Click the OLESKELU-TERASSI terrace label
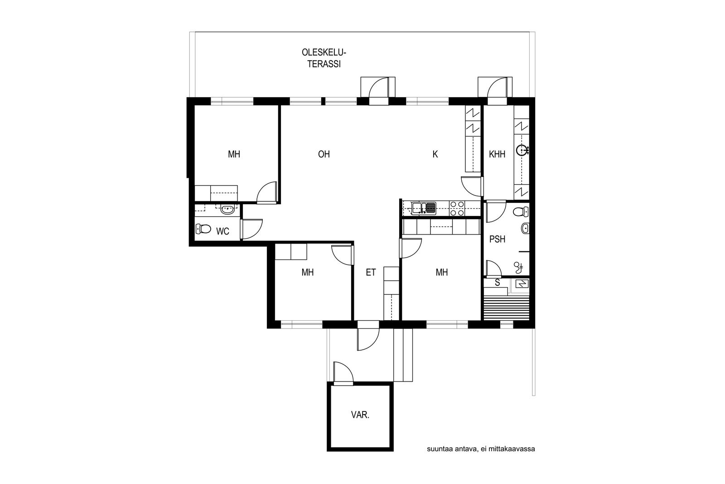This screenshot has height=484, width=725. [x=324, y=59]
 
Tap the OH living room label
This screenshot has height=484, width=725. [x=324, y=154]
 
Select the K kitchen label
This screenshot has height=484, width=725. [x=435, y=154]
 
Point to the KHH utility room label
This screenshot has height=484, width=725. [x=497, y=154]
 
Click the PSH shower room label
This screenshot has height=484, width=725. [x=498, y=240]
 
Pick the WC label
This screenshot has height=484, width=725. [x=222, y=231]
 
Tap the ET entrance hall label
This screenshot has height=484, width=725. [x=371, y=273]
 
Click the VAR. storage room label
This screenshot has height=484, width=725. [x=360, y=415]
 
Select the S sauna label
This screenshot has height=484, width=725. [x=498, y=283]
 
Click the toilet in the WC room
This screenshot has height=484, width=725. [x=203, y=229]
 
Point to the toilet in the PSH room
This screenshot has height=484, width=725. [x=521, y=212]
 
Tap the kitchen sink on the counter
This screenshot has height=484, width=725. [x=424, y=208]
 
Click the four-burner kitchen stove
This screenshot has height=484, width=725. [x=457, y=208]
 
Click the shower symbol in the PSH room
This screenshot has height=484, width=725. [x=518, y=267]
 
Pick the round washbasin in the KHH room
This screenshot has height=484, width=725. [x=521, y=150]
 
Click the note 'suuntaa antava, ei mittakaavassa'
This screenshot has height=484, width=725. [x=481, y=449]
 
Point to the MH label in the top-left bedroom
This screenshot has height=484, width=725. [x=234, y=154]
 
